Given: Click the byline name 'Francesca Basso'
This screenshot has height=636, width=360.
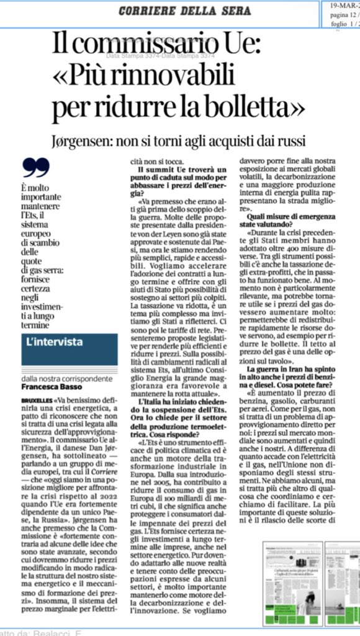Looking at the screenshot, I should (x=49, y=386).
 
